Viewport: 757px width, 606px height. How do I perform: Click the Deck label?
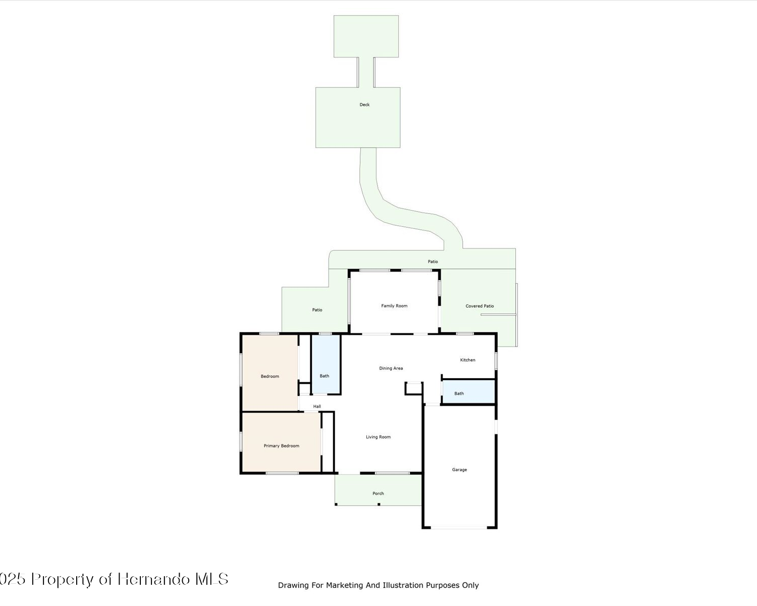[x=364, y=105]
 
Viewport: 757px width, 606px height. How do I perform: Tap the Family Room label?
[x=394, y=306]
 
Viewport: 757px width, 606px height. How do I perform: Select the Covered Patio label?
[x=479, y=306]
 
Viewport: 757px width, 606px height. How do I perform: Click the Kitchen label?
[x=467, y=360]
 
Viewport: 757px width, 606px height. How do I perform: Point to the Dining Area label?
[x=391, y=368]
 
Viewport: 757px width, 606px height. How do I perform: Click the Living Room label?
[x=378, y=437]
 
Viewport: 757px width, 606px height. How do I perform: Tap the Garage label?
[x=459, y=470]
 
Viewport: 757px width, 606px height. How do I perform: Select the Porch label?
[x=378, y=493]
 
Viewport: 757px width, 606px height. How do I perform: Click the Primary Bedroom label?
[x=282, y=446]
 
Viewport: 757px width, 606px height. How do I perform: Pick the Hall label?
[x=317, y=407]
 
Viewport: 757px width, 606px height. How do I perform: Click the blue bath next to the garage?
[x=468, y=391]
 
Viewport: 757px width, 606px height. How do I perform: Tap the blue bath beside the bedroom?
[x=326, y=364]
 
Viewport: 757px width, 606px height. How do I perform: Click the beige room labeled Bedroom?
[x=270, y=373]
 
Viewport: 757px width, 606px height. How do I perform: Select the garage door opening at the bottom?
[x=459, y=528]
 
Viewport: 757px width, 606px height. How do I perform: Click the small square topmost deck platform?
[x=366, y=36]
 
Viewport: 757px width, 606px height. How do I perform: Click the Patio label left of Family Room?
[x=317, y=310]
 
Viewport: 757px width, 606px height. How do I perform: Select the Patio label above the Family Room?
[x=432, y=262]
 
